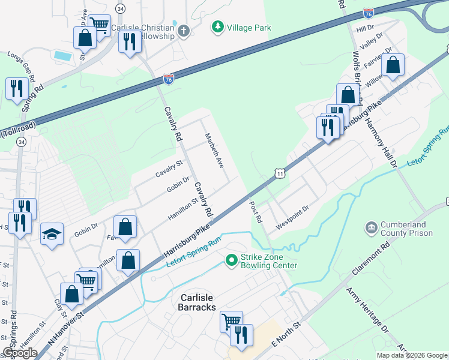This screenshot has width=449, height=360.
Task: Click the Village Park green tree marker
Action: click(x=217, y=27)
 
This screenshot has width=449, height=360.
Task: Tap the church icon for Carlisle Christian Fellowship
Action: click(x=183, y=29)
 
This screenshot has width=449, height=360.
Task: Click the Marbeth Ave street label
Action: click(x=214, y=150)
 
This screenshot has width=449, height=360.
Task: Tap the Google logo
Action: click(x=20, y=353)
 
